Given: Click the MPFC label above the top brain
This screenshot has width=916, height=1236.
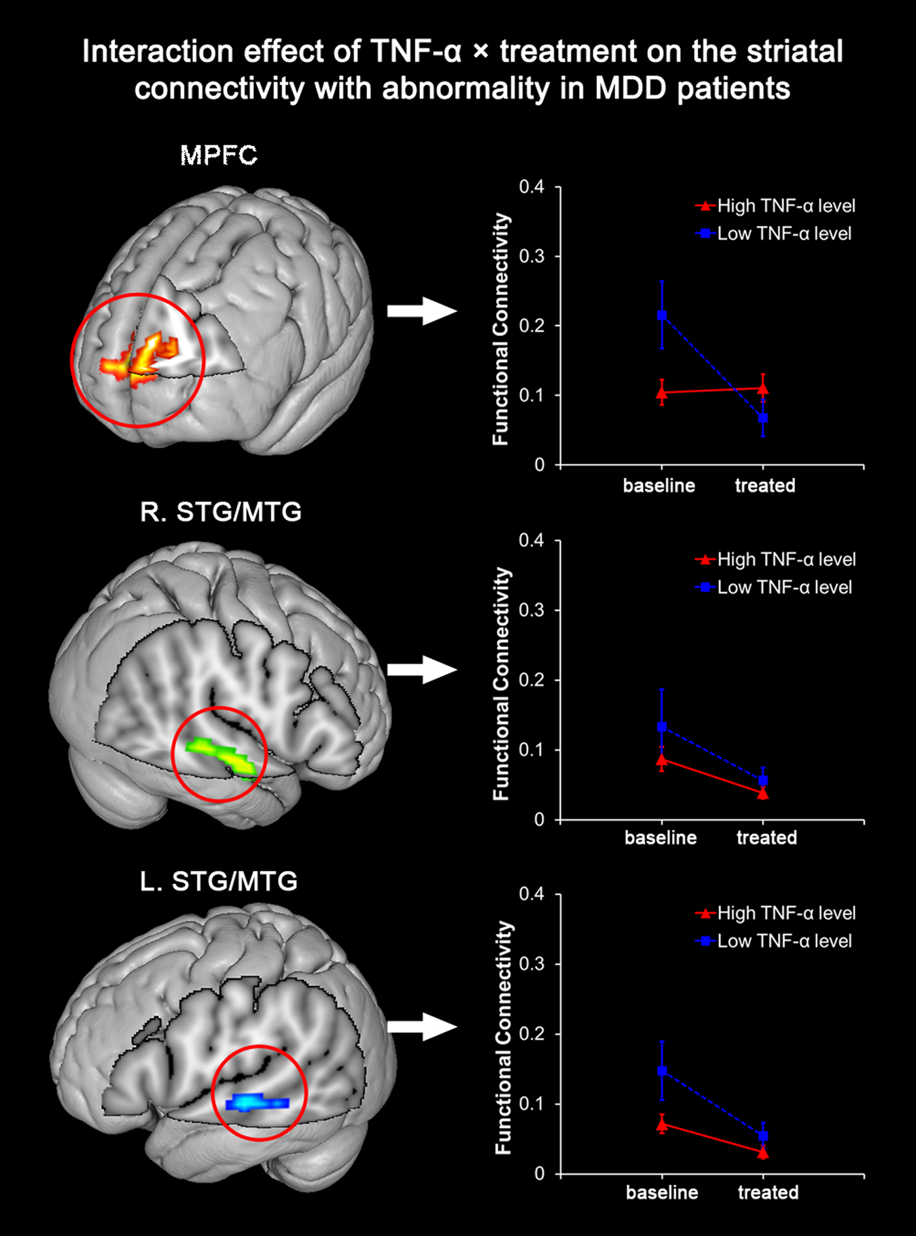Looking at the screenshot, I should (x=219, y=156).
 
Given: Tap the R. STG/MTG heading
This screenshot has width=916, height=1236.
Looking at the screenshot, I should (x=220, y=511).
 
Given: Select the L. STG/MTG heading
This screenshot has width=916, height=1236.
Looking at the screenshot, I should (x=219, y=882).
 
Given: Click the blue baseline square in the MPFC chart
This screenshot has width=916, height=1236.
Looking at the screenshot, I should (x=661, y=315).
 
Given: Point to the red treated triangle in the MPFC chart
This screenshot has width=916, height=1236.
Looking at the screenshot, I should (x=763, y=388).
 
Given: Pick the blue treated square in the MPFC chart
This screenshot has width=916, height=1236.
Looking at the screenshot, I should (x=763, y=418).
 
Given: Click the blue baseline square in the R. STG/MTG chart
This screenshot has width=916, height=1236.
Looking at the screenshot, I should (x=661, y=727).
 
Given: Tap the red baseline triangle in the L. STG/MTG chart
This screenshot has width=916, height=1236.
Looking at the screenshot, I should (x=661, y=1125).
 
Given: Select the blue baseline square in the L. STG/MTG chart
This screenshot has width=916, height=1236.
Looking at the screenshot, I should (x=661, y=1071).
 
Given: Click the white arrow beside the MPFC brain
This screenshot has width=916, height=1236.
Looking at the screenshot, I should (x=421, y=311).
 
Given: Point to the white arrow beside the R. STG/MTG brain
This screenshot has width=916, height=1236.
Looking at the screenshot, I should (x=421, y=670).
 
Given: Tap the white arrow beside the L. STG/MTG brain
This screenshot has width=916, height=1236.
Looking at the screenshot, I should (x=421, y=1026).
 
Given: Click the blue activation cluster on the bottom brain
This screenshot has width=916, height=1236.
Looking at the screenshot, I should (x=256, y=1103).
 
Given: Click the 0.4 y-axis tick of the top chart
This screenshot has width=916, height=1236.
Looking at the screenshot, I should (x=531, y=187).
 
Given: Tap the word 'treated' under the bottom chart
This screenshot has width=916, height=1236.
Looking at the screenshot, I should (x=768, y=1192).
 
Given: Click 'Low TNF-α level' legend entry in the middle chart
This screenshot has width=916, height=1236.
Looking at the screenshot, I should (x=784, y=587).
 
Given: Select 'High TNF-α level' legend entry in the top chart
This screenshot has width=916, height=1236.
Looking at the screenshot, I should (x=785, y=206).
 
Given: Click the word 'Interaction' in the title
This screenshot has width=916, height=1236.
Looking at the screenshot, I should (x=157, y=52).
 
